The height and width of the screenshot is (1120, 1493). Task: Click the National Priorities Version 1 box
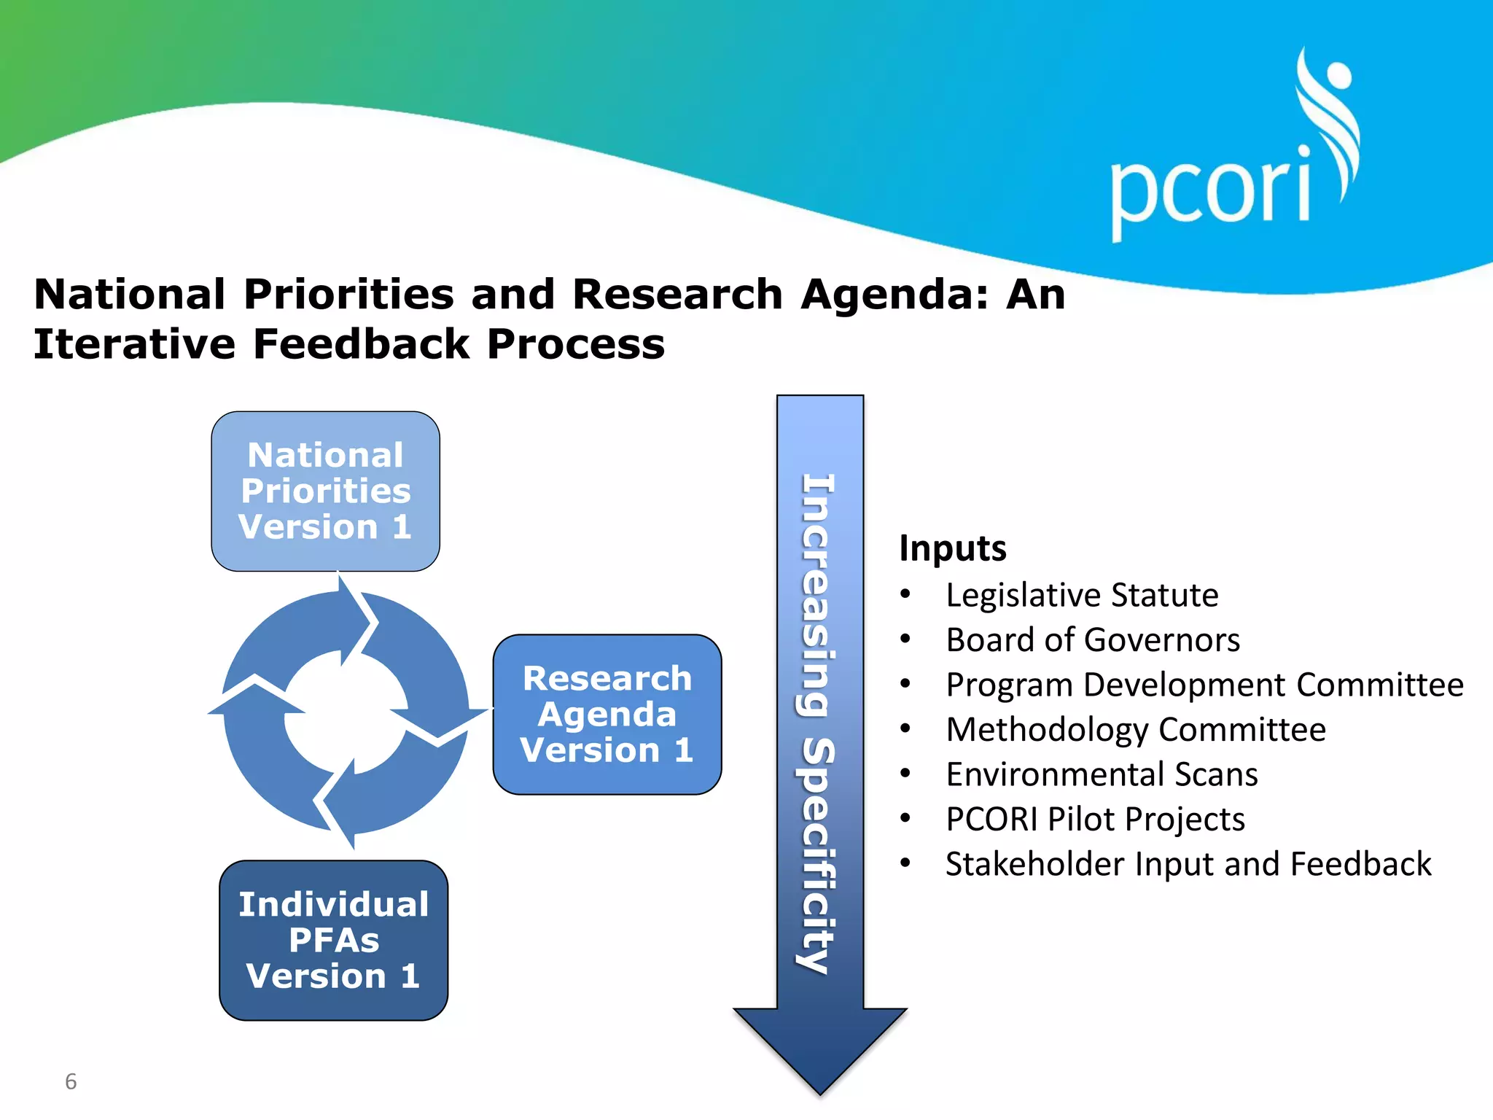pos(325,491)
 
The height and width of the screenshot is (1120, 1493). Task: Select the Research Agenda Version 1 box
pos(607,714)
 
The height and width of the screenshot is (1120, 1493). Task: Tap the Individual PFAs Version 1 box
pos(333,940)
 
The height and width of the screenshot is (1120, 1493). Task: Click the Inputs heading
pos(952,548)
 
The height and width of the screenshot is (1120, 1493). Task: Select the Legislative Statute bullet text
pos(1082,595)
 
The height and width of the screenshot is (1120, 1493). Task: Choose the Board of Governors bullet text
pos(1092,640)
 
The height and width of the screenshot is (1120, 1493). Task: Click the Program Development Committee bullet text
pos(1204,685)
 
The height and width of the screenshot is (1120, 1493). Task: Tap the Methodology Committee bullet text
pos(1135,730)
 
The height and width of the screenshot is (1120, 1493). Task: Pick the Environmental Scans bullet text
pos(1102,774)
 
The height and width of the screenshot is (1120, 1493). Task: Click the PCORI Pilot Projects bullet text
pos(1095,820)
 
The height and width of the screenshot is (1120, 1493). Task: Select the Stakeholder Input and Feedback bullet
pos(1188,864)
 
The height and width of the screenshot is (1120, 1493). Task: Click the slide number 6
pos(71,1081)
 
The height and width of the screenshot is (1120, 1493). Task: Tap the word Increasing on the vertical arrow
pos(818,594)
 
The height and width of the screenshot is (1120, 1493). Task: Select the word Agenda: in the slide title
pos(894,295)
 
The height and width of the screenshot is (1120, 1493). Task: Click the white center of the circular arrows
pos(344,712)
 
